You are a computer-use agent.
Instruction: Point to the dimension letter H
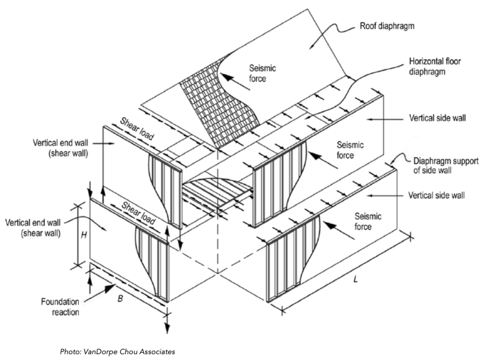[83, 235]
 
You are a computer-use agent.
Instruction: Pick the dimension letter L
[356, 278]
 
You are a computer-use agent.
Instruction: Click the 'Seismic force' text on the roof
[262, 73]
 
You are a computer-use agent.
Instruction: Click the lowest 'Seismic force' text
[368, 221]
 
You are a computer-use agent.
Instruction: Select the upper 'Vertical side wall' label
[438, 118]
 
